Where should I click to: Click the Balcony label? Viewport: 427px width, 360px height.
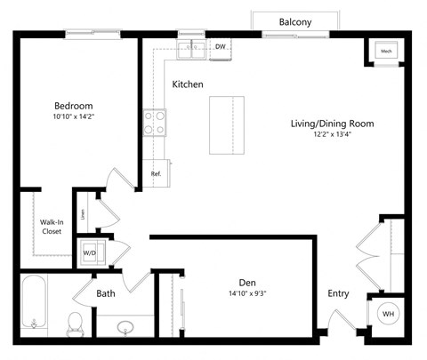pos(295,22)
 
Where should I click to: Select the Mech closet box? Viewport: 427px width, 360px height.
pos(387,52)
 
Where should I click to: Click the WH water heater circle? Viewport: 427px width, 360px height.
pos(389,314)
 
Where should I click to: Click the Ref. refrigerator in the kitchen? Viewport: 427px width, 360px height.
pos(156,173)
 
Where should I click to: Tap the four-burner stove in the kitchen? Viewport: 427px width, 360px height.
pos(154,122)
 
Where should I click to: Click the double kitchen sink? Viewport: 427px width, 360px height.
pos(191,49)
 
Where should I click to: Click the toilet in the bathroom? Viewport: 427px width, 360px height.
pos(75,322)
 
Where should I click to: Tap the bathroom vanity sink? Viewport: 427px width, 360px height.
pos(125,327)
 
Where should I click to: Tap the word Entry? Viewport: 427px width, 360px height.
pos(338,293)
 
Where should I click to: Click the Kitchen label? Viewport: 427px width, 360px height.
pos(188,84)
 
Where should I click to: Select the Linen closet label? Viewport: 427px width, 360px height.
pos(83,212)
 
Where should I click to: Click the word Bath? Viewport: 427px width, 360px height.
pos(106,292)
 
